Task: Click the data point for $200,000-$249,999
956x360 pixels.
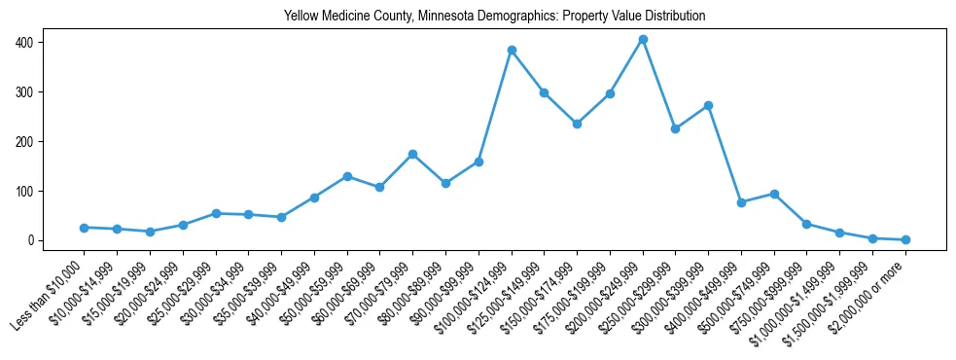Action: [x=643, y=40]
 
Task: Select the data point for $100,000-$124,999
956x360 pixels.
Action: [x=512, y=51]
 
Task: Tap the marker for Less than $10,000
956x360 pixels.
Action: [x=85, y=228]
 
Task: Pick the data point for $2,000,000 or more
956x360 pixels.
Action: [x=905, y=239]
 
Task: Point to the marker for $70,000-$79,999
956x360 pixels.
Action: [x=412, y=154]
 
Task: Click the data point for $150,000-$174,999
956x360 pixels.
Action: [x=577, y=124]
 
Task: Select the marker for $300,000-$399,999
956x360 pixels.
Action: [x=708, y=105]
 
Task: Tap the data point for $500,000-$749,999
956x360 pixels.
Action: [x=774, y=194]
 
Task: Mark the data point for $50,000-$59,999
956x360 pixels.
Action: [x=347, y=176]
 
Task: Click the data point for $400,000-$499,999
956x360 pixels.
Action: [x=741, y=202]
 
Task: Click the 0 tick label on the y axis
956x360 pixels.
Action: [x=31, y=240]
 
